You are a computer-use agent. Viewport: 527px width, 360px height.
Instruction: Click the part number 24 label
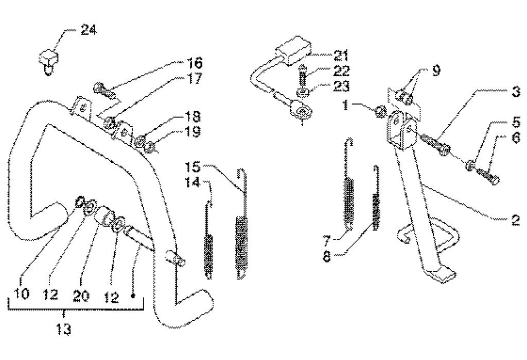click(89, 29)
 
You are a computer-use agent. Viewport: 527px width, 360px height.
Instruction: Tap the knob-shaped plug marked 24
click(48, 61)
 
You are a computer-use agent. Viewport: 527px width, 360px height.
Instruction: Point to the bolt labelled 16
click(103, 89)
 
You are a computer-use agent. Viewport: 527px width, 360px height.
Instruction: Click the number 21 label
click(341, 56)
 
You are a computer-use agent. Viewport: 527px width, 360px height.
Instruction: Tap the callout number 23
click(341, 86)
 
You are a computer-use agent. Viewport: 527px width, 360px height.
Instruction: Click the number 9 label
click(436, 71)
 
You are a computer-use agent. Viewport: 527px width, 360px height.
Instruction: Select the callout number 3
click(516, 91)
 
